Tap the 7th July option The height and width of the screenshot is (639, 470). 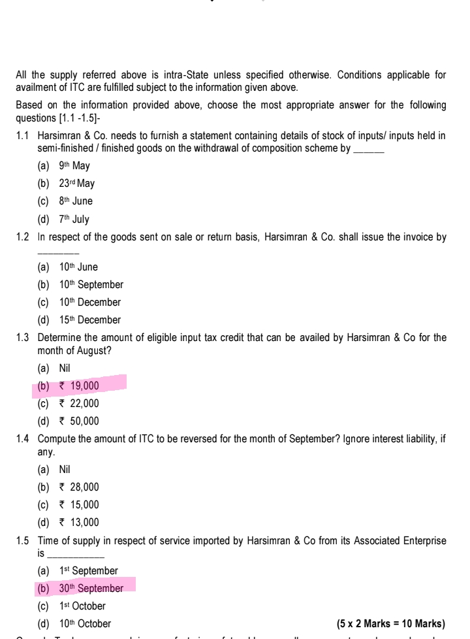pyautogui.click(x=72, y=220)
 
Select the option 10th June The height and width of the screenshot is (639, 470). pyautogui.click(x=77, y=267)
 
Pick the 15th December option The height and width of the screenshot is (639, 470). pyautogui.click(x=88, y=320)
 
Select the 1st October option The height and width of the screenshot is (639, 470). pyautogui.click(x=82, y=606)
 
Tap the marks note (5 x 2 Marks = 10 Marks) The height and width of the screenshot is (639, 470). pyautogui.click(x=390, y=623)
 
